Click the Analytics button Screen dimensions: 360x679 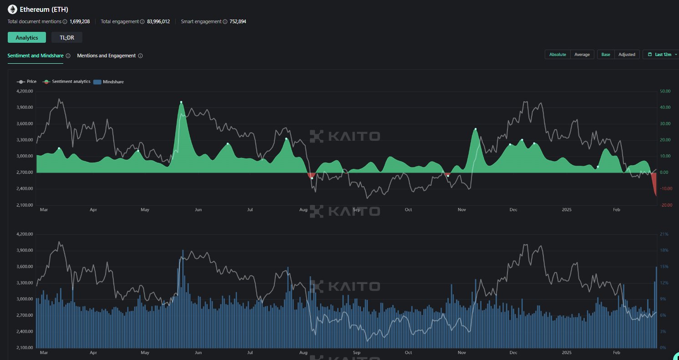tap(26, 38)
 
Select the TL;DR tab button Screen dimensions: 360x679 tap(66, 38)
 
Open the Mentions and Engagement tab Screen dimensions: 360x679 tap(106, 56)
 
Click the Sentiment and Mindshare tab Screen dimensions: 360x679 tap(35, 56)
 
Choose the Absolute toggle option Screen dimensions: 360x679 tap(557, 55)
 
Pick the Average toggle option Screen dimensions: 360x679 tap(582, 55)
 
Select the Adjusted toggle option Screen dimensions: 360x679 tap(627, 55)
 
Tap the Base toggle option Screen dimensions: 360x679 tap(606, 55)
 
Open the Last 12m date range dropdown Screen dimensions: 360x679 tap(663, 55)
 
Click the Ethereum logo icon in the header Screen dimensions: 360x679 tap(12, 9)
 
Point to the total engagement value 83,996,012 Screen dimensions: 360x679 tap(158, 21)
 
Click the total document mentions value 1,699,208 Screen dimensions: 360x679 tap(80, 21)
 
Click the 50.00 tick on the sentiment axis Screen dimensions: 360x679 tap(666, 91)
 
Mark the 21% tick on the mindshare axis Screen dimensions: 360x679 tap(664, 234)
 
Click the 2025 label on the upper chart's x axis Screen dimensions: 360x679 tap(567, 210)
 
